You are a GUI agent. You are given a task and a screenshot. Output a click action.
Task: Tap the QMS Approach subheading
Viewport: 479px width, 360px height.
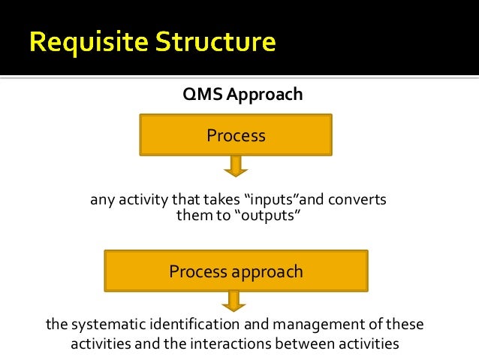[243, 95]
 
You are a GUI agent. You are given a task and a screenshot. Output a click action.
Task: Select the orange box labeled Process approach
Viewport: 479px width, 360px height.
[236, 271]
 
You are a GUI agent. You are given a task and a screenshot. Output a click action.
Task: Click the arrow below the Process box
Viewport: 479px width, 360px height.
[236, 166]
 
